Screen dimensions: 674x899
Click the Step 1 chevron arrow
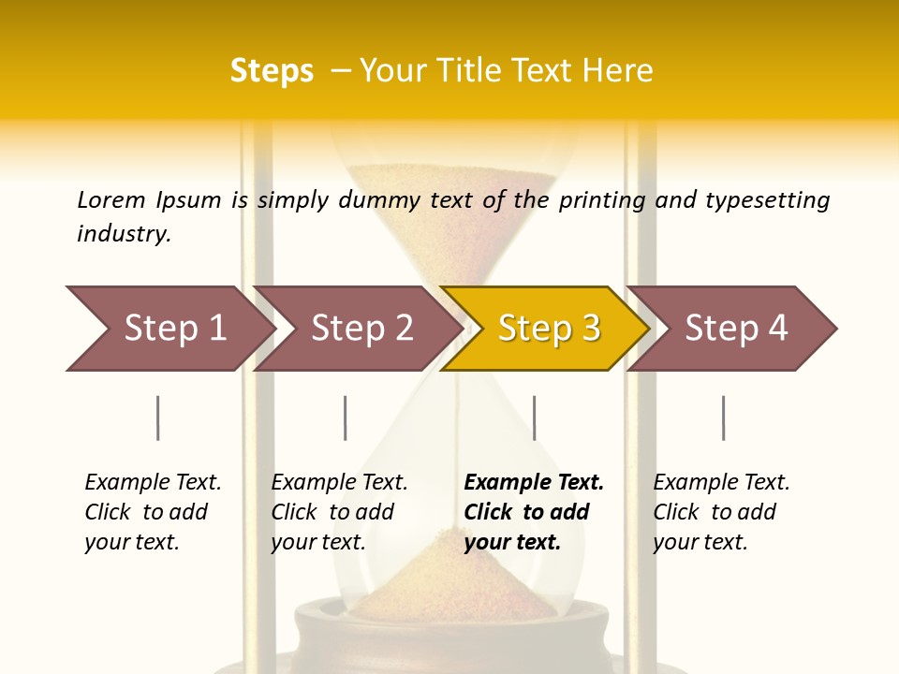(173, 329)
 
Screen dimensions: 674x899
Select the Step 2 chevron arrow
(361, 329)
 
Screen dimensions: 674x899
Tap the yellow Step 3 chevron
(548, 329)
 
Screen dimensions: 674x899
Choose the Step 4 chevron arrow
(735, 329)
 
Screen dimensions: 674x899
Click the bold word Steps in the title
(272, 71)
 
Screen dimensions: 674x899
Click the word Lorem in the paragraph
(111, 200)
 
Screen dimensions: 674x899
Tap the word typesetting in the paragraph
(767, 200)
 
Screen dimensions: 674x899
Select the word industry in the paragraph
(124, 234)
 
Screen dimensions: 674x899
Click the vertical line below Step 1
(158, 418)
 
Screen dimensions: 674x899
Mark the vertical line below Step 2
(346, 418)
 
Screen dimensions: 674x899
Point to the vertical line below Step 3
(534, 418)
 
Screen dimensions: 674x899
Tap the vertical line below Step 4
(723, 418)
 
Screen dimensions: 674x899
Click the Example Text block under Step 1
(153, 512)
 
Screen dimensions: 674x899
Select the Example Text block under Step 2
(339, 512)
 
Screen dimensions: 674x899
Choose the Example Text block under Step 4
(721, 512)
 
